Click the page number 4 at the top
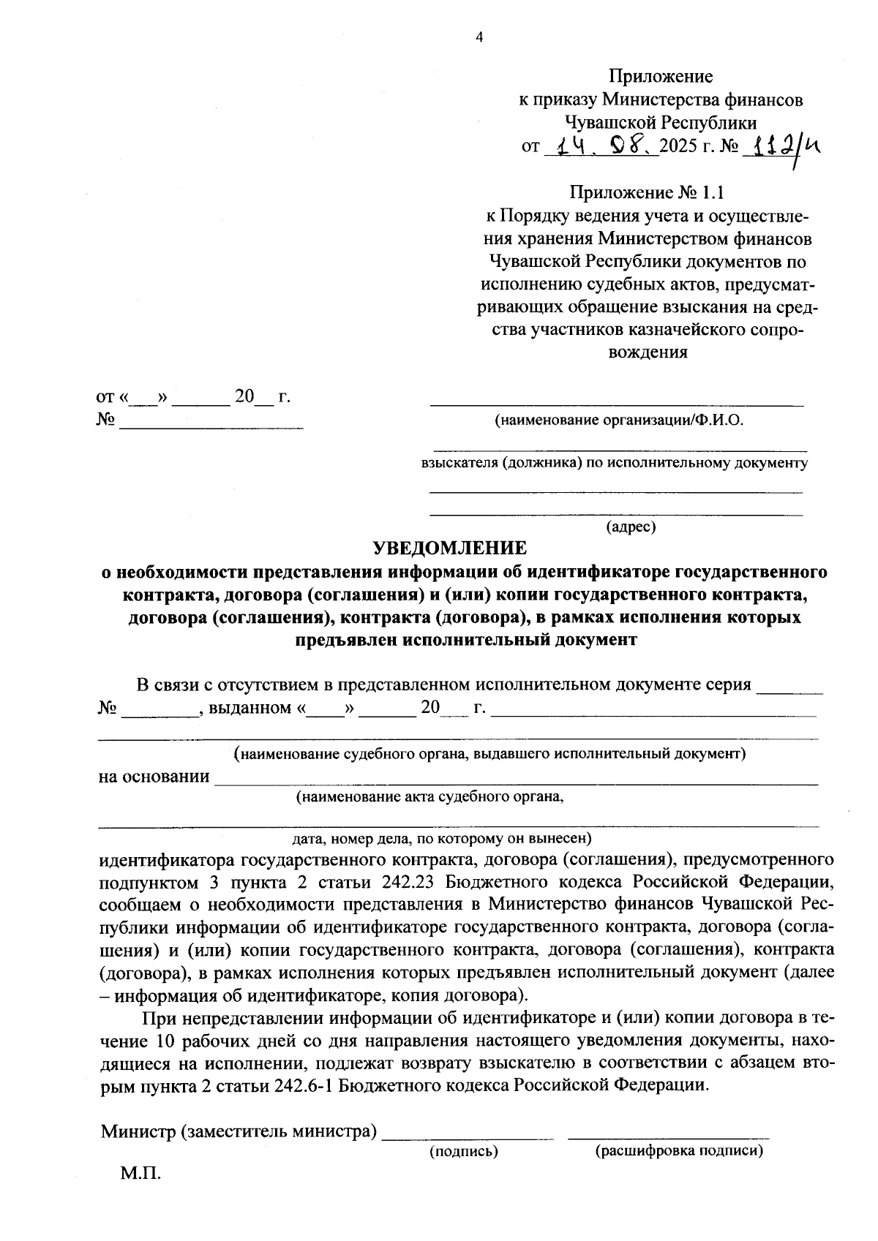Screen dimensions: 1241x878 pyautogui.click(x=479, y=39)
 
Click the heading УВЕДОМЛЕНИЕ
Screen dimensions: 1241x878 pyautogui.click(x=449, y=548)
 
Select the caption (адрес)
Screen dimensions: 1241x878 pyautogui.click(x=631, y=527)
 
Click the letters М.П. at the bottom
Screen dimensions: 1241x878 pyautogui.click(x=140, y=1174)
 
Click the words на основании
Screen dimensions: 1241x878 pyautogui.click(x=154, y=777)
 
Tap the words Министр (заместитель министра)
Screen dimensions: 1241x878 pyautogui.click(x=239, y=1133)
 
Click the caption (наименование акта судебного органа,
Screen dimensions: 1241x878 pyautogui.click(x=429, y=797)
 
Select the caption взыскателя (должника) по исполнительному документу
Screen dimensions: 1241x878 pyautogui.click(x=614, y=463)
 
